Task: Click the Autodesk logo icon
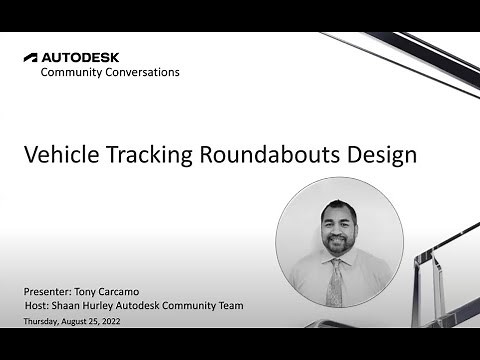(x=30, y=57)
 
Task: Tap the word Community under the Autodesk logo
(x=73, y=73)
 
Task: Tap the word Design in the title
(x=383, y=156)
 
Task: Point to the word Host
(x=37, y=305)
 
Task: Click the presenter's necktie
(x=336, y=283)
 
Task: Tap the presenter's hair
(x=338, y=205)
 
